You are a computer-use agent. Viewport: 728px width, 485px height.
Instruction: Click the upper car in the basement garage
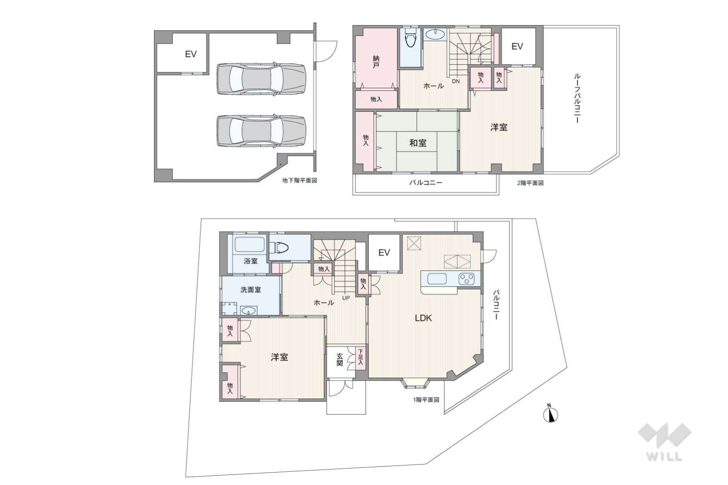tap(261, 79)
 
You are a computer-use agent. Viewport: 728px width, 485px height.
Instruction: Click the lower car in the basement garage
tap(261, 131)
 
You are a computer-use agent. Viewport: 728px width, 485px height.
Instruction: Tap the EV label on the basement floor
tap(191, 54)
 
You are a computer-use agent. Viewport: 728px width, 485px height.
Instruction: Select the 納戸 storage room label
tap(376, 62)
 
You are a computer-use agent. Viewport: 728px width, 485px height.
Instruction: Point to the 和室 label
tap(418, 143)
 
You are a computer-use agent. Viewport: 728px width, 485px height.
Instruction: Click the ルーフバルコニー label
tap(577, 98)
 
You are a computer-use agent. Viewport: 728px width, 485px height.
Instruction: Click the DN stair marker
tap(456, 82)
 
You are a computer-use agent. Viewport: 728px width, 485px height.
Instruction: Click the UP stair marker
tap(346, 298)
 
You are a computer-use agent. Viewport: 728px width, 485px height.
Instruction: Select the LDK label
tap(423, 318)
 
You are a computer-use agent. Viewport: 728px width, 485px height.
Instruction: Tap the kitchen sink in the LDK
tap(437, 279)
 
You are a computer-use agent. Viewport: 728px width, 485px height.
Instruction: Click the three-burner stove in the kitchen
tap(466, 279)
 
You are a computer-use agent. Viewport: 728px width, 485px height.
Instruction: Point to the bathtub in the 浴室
tap(249, 244)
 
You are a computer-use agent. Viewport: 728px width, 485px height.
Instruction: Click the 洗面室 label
tap(251, 290)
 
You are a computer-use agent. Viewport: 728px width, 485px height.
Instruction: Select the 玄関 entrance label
tap(339, 359)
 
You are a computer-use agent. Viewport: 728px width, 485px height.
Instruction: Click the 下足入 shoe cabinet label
tap(360, 357)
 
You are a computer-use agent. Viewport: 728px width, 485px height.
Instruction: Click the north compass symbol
tap(550, 414)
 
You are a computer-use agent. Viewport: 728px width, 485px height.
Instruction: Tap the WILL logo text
tap(664, 457)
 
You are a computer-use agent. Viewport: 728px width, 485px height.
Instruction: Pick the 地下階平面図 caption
tap(300, 181)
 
